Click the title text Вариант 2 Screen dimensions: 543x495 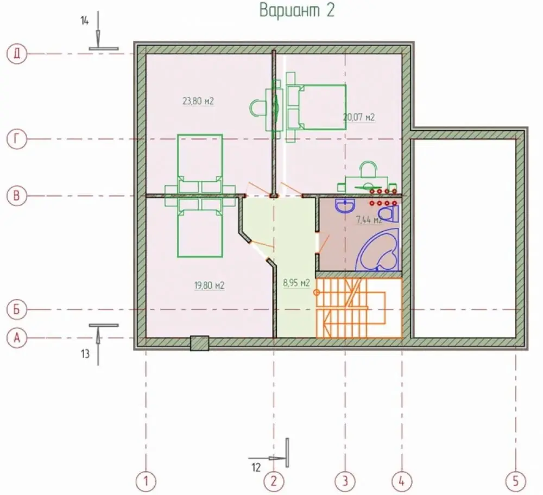tap(297, 10)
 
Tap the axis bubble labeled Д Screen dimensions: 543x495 tap(17, 54)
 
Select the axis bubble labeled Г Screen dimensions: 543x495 tap(17, 139)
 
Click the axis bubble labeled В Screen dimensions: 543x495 tap(17, 196)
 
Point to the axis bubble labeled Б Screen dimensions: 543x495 tap(17, 309)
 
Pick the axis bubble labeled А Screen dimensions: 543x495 tap(17, 338)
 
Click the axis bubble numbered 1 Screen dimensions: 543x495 tap(146, 481)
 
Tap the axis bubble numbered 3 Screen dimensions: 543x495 tap(345, 481)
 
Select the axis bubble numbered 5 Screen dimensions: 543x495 tap(516, 481)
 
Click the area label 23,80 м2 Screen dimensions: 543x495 tap(198, 101)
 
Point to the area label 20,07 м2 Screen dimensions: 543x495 tap(359, 117)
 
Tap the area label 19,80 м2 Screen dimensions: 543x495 tap(209, 285)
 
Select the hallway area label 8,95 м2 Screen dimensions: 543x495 tap(296, 283)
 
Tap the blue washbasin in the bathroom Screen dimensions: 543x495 tap(345, 205)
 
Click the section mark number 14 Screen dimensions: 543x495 tap(85, 21)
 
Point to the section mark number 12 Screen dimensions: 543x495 tap(256, 468)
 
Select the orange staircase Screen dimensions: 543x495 tap(359, 308)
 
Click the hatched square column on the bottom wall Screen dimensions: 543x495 tap(199, 344)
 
